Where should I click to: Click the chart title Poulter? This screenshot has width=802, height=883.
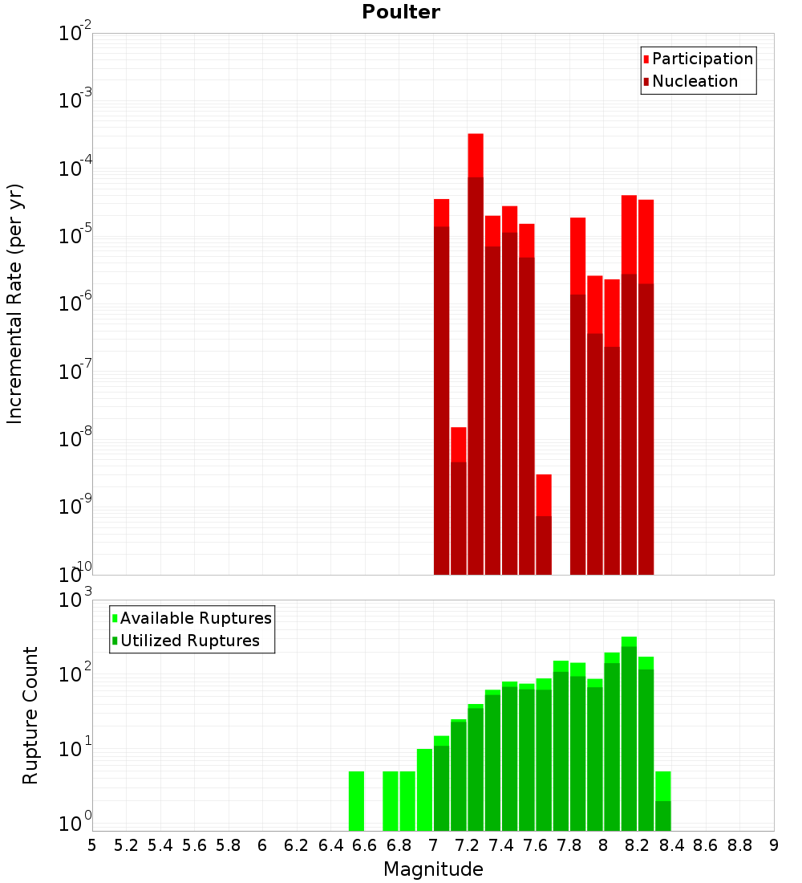coord(401,12)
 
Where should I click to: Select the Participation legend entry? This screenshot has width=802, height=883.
coord(703,59)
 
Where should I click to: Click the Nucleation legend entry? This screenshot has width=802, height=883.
coord(695,81)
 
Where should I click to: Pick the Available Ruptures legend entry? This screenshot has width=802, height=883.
coord(196,618)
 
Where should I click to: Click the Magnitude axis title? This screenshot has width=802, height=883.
coord(433,869)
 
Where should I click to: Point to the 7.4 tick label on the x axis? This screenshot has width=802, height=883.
coord(501,844)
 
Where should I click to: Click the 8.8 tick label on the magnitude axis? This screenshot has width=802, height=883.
coord(739,844)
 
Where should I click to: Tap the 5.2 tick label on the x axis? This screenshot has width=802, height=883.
coord(126,844)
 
